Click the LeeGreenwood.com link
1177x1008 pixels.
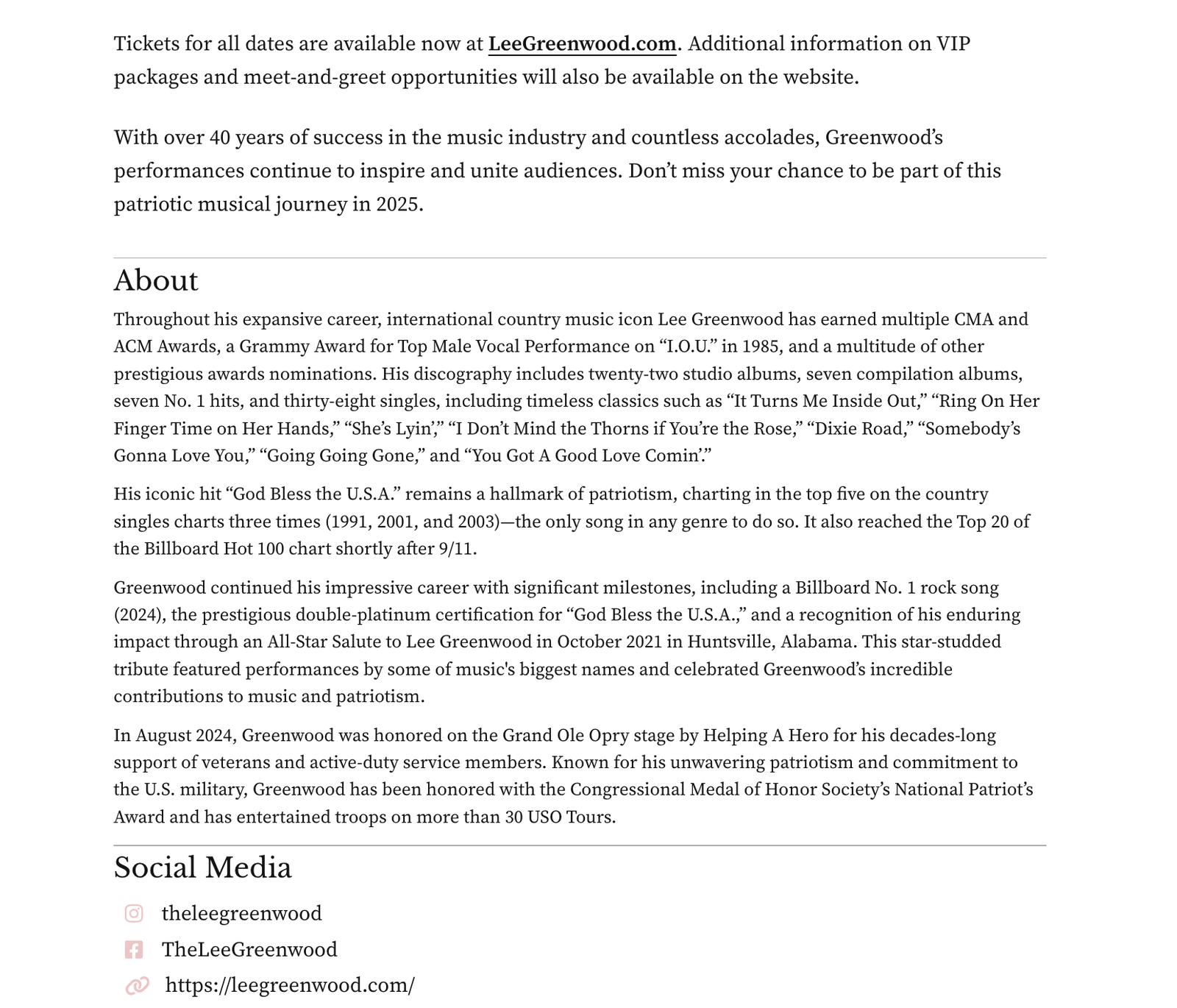pyautogui.click(x=582, y=44)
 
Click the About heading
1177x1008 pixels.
pyautogui.click(x=156, y=281)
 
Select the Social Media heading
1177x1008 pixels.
pyautogui.click(x=202, y=868)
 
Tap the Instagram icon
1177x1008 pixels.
pyautogui.click(x=134, y=914)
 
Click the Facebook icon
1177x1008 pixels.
pyautogui.click(x=134, y=950)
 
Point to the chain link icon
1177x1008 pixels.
pyautogui.click(x=138, y=986)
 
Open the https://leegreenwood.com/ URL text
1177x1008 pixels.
pyautogui.click(x=290, y=986)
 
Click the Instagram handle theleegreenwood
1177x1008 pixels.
pyautogui.click(x=241, y=914)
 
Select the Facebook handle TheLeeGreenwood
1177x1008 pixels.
pyautogui.click(x=249, y=950)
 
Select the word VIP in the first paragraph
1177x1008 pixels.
pyautogui.click(x=953, y=44)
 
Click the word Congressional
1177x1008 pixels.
pyautogui.click(x=627, y=790)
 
